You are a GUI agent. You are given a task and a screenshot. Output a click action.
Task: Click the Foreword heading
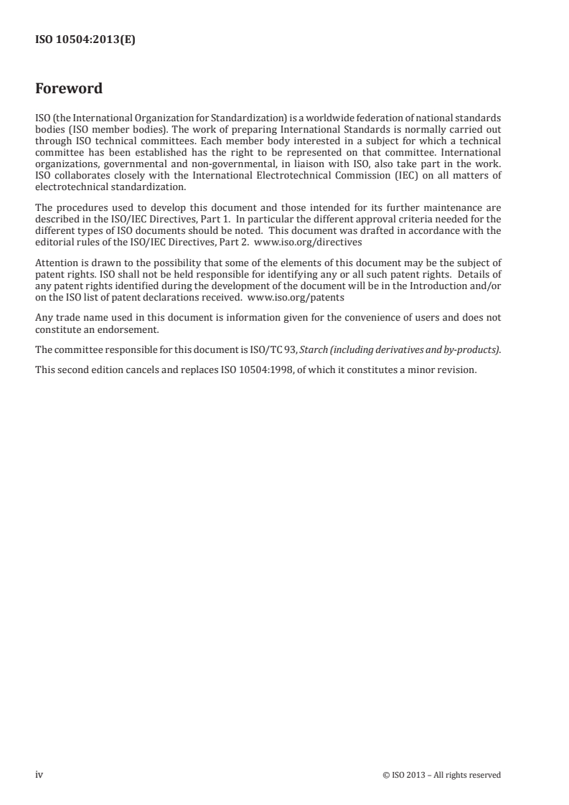pyautogui.click(x=69, y=89)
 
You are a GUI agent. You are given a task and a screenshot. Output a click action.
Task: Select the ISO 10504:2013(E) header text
pyautogui.click(x=85, y=41)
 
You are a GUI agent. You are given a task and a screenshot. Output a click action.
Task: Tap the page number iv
pyautogui.click(x=39, y=774)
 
